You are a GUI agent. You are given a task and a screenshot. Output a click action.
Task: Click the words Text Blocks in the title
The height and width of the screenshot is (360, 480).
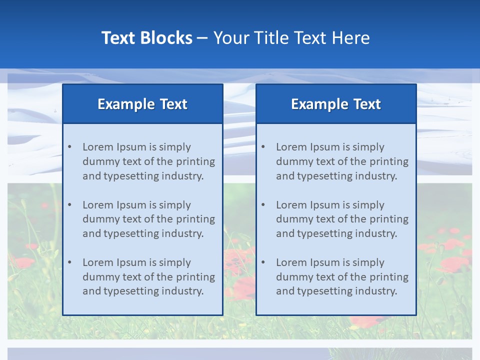[146, 38]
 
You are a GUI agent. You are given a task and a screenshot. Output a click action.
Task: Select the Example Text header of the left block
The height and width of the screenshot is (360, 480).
[142, 104]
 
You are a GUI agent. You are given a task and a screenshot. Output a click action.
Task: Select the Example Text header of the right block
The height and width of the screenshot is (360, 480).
[336, 104]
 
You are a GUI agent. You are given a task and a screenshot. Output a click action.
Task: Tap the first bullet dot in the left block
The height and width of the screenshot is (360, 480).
[69, 147]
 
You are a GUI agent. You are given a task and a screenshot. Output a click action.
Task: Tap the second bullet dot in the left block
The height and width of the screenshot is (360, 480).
[69, 205]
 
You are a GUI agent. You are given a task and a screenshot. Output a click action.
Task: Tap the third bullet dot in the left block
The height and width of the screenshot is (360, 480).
[69, 262]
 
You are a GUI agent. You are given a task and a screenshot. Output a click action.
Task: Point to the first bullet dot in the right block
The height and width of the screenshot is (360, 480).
[263, 147]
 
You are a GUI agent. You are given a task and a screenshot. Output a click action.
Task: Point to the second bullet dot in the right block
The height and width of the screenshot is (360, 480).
[263, 205]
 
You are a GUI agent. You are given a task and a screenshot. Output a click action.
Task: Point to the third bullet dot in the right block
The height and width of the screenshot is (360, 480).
[263, 262]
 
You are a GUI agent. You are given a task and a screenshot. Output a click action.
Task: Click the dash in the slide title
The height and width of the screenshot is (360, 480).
[203, 38]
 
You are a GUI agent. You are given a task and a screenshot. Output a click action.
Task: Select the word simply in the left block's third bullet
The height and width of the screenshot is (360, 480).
[175, 262]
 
